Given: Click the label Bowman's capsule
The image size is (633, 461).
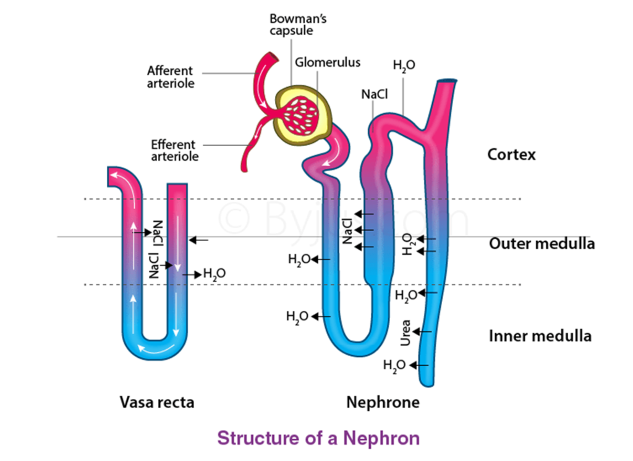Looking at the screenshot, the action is (298, 25).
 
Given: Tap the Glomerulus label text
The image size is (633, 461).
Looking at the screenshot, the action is (328, 62).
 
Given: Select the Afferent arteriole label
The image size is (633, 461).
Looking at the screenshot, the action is (171, 77).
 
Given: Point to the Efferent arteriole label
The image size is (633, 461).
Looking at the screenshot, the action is (174, 150).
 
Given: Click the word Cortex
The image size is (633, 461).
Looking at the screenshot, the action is (511, 154).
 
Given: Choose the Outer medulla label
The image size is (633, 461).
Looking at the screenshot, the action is (542, 244).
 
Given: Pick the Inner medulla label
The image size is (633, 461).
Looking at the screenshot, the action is (540, 336).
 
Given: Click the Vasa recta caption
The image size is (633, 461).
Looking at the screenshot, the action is (157, 402).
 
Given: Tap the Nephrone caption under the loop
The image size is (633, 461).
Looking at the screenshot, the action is (383, 402).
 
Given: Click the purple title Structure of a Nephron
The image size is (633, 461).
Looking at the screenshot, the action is (318, 438).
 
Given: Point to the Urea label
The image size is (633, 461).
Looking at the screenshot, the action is (406, 332).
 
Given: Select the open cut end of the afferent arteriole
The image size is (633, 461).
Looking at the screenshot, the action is (273, 56).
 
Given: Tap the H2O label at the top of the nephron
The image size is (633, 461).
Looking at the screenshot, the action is (404, 66).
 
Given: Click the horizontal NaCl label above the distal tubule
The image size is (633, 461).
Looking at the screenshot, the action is (374, 95).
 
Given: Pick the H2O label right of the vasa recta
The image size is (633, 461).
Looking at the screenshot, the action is (214, 274).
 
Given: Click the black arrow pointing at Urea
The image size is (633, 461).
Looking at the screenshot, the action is (422, 332).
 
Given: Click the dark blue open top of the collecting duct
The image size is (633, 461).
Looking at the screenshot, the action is (447, 81).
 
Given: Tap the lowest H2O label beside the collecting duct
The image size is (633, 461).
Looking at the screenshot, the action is (394, 366).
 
